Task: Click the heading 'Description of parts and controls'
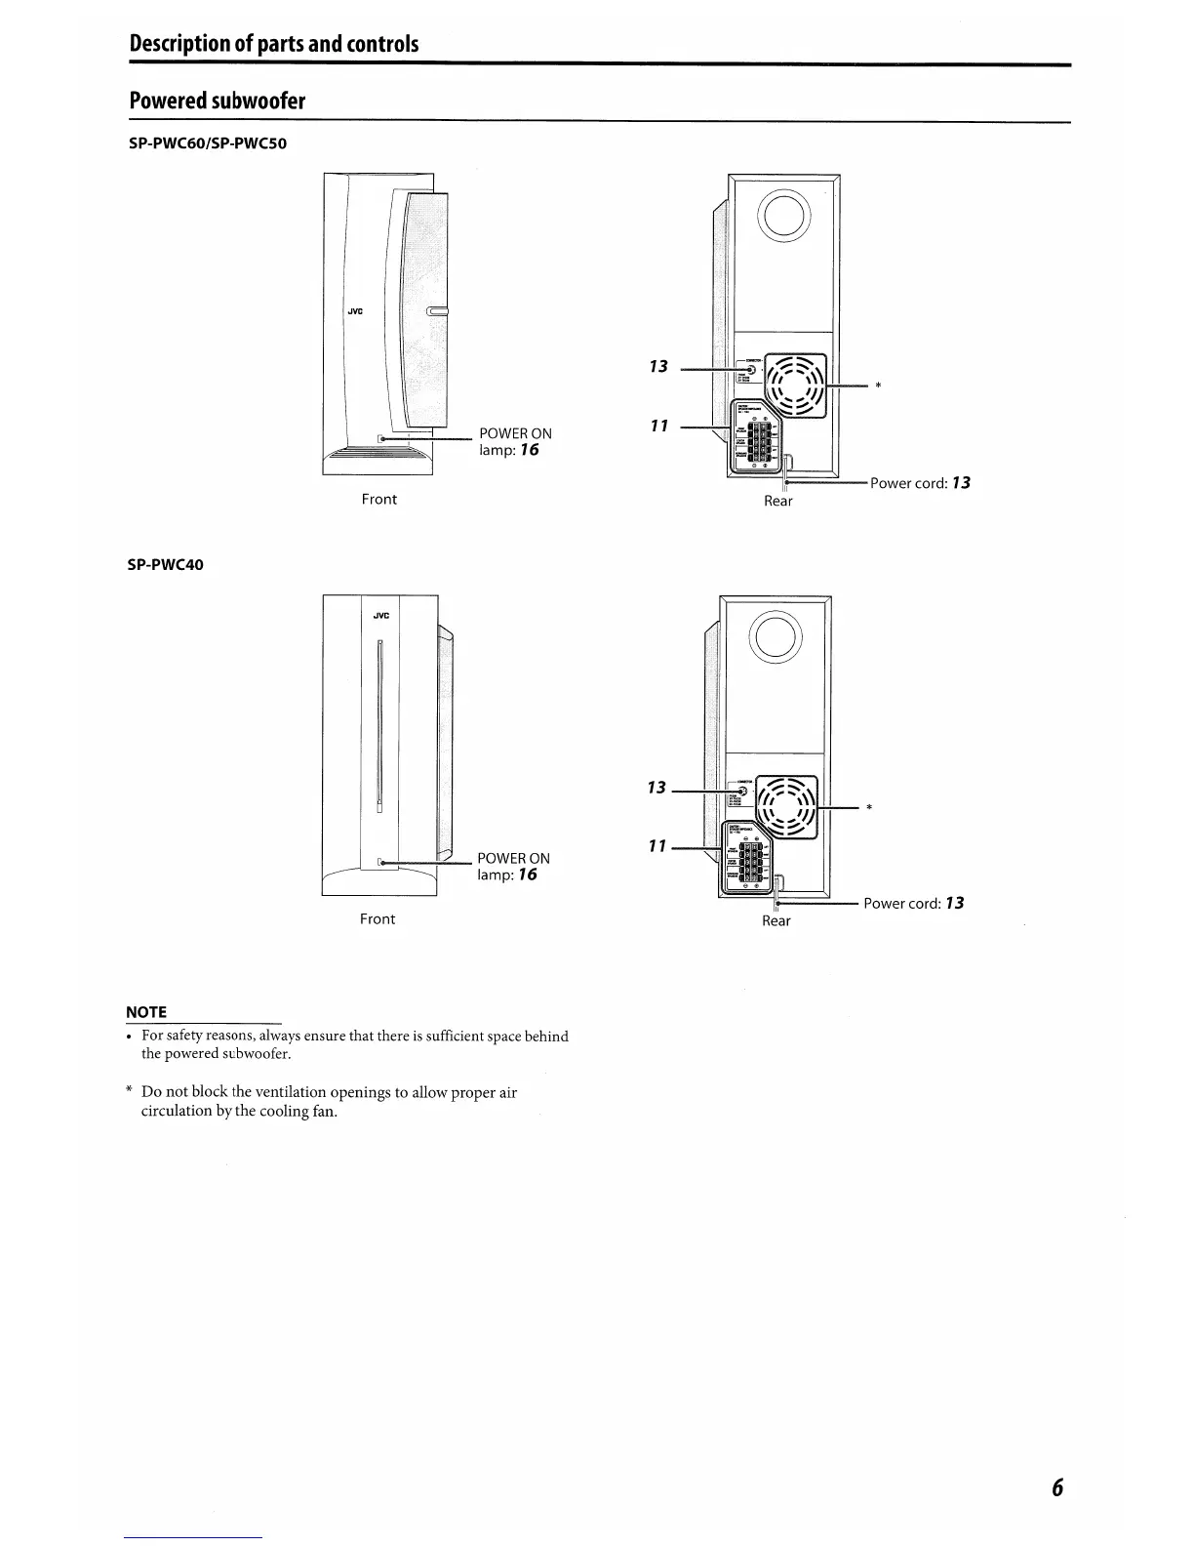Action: [x=274, y=44]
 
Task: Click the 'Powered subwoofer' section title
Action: [x=217, y=102]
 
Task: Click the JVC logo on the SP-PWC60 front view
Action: [x=355, y=311]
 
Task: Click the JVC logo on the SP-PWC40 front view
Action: [x=381, y=615]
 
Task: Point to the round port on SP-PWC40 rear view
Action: [x=776, y=637]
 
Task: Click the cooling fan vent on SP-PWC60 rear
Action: [x=795, y=385]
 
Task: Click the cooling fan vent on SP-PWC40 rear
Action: [x=784, y=806]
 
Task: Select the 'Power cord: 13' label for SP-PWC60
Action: [x=920, y=483]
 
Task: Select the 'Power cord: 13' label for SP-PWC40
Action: [x=913, y=904]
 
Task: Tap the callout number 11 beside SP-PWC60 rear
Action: [x=659, y=427]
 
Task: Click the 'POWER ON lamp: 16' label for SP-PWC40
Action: [x=513, y=867]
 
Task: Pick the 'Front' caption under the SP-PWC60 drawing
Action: [x=378, y=500]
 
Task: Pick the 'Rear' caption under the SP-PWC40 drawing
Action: [x=776, y=921]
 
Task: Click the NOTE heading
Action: [x=146, y=1012]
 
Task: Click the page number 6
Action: [x=1056, y=1487]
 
